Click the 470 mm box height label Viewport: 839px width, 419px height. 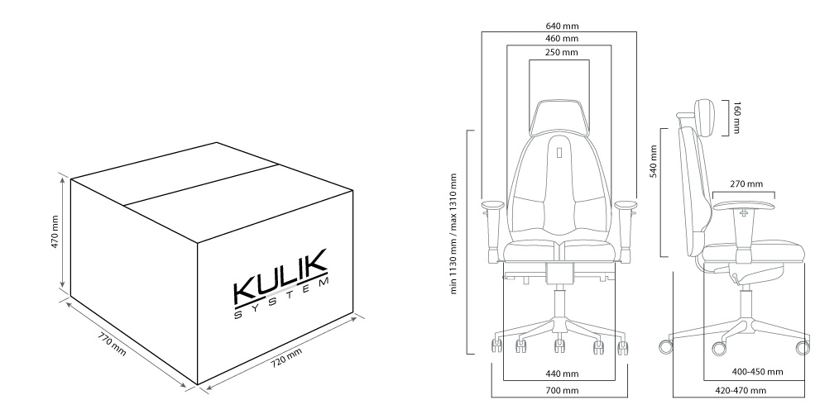(x=55, y=232)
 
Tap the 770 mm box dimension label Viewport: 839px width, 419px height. (x=113, y=344)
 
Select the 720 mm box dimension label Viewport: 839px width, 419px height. (x=285, y=357)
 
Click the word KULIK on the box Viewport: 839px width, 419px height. (x=280, y=276)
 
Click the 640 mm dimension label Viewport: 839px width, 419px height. (x=562, y=26)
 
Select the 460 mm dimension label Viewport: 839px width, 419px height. (x=562, y=39)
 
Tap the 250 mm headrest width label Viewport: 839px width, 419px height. (x=562, y=52)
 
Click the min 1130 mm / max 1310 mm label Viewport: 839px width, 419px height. (x=453, y=234)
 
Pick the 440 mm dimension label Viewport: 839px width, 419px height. (x=562, y=374)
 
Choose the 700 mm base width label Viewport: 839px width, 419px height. (x=562, y=391)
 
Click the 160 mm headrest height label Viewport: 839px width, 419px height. (x=736, y=117)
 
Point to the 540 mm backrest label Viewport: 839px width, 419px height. (x=654, y=161)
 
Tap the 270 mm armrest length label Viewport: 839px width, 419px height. (x=746, y=183)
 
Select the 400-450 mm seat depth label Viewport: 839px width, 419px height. (x=757, y=371)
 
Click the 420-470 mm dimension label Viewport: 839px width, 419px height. (x=741, y=390)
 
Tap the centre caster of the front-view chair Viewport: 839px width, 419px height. (x=559, y=345)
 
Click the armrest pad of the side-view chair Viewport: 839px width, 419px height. (x=744, y=205)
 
